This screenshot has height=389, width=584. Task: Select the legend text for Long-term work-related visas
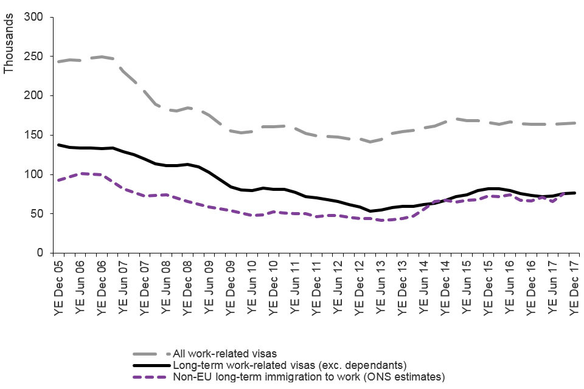pos(290,365)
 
